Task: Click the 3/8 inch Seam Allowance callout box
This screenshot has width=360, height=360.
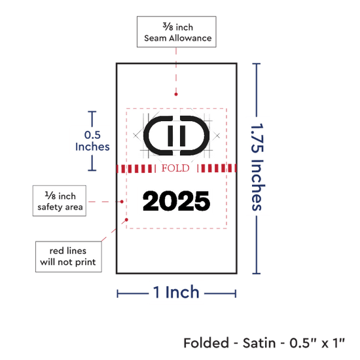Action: point(176,32)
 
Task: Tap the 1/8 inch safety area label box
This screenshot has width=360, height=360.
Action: point(60,201)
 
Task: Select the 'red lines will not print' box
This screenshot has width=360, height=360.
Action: point(69,257)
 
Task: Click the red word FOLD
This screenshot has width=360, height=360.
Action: point(175,168)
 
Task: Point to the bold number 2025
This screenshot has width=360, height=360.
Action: point(176,201)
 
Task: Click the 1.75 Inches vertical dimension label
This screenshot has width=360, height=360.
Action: point(258,167)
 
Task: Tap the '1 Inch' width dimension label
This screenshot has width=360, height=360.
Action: point(176,293)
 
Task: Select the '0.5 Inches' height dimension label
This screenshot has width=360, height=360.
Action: point(92,141)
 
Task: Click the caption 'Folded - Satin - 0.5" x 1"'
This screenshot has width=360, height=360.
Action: point(264,343)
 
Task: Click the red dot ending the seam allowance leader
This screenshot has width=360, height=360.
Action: point(176,94)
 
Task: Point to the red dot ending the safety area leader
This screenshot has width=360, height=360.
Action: point(122,202)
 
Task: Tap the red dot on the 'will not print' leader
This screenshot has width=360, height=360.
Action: point(126,220)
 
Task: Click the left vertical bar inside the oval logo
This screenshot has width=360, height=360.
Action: point(170,136)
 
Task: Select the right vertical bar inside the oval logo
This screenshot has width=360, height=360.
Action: point(183,136)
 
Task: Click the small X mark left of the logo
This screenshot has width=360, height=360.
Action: point(136,135)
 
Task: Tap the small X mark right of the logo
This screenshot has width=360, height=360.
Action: point(217,135)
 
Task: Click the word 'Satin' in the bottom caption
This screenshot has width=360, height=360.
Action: point(259,343)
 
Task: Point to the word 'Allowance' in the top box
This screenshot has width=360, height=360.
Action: point(190,38)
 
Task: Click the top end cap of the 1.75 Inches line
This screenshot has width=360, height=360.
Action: point(256,63)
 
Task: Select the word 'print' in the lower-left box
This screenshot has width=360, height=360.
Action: point(85,262)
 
